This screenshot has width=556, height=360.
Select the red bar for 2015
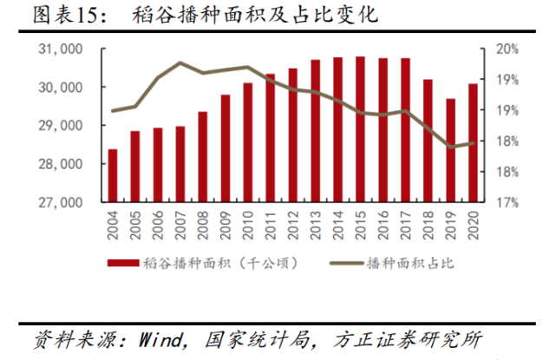coord(360,129)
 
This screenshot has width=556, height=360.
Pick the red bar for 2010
coord(247,142)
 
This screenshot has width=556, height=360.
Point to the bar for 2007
coord(180,164)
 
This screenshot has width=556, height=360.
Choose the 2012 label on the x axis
coord(292,227)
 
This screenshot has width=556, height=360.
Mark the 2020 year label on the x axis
coord(473,227)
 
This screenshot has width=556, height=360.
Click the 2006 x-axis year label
coord(158,227)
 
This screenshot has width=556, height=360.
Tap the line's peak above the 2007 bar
coord(180,63)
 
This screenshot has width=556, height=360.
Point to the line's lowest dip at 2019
coord(451,147)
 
